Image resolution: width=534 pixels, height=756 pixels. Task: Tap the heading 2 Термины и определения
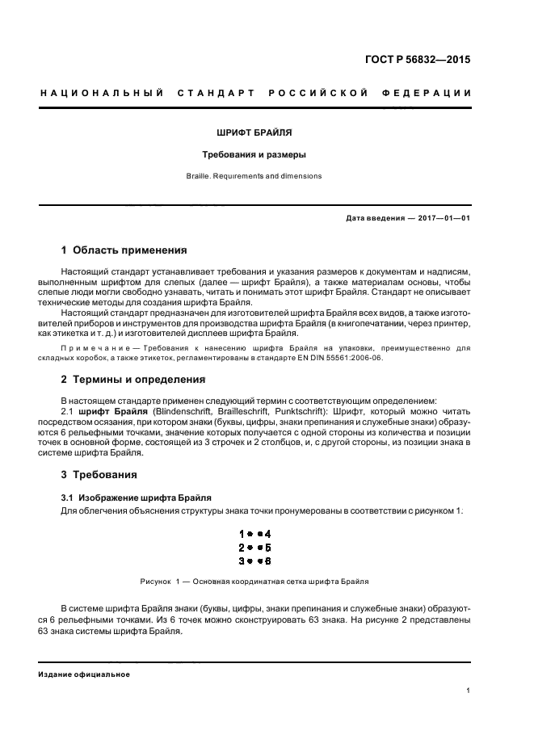click(x=133, y=380)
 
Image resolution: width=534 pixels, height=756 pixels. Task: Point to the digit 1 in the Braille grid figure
click(x=242, y=534)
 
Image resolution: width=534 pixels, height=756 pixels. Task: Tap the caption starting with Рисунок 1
click(x=254, y=581)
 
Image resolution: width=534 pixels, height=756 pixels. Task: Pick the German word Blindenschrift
click(x=168, y=411)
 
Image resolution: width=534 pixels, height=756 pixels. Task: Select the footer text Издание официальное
click(x=84, y=674)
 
